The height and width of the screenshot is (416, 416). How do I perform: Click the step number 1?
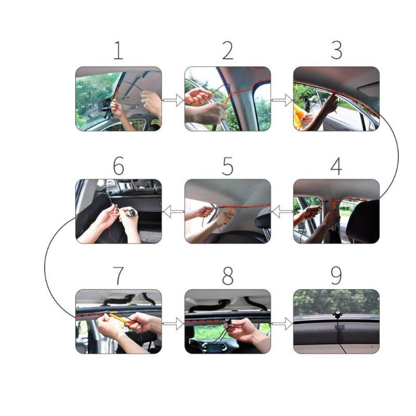click(x=119, y=50)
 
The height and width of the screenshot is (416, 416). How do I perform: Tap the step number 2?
click(x=227, y=50)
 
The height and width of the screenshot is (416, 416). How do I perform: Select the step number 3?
click(x=336, y=50)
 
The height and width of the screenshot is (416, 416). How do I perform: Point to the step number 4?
click(x=336, y=166)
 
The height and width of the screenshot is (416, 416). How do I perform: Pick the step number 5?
click(x=227, y=166)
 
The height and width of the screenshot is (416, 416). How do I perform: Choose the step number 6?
click(x=119, y=166)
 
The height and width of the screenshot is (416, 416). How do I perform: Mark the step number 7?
click(x=119, y=276)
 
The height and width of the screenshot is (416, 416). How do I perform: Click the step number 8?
click(x=227, y=276)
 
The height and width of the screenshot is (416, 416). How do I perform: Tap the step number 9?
click(x=336, y=276)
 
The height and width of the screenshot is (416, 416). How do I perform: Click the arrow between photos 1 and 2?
click(x=173, y=99)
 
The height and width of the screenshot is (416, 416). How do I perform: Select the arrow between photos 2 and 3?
click(x=282, y=99)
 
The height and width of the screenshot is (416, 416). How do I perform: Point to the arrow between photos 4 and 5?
click(x=282, y=212)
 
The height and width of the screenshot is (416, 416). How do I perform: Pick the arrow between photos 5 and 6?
click(x=173, y=212)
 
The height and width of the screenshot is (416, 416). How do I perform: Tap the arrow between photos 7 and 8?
click(x=173, y=323)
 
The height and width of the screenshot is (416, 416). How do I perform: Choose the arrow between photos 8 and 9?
click(x=282, y=323)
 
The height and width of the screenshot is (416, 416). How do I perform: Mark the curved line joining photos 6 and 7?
click(x=45, y=265)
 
